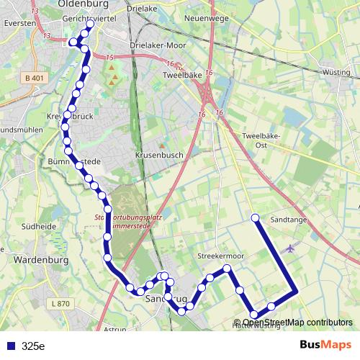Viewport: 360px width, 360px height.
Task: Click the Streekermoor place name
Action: [x=220, y=256]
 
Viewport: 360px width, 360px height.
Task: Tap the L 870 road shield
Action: [x=63, y=305]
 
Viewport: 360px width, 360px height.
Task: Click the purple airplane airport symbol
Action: [x=290, y=249]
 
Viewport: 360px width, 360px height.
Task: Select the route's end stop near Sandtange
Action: [x=255, y=217]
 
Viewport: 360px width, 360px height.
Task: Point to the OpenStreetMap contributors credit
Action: [x=293, y=323]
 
